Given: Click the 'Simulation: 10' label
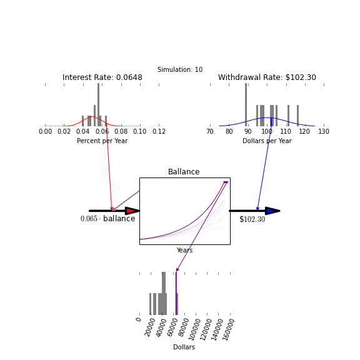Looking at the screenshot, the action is point(180,69).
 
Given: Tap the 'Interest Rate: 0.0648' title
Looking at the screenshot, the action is point(102,77).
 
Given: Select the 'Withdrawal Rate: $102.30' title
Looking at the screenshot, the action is point(267,77).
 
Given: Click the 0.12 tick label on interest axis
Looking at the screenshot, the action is point(159,131).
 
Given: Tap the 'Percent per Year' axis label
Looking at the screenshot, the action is point(102,141).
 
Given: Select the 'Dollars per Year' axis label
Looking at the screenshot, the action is point(267,141).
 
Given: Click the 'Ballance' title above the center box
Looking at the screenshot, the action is point(184,172).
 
